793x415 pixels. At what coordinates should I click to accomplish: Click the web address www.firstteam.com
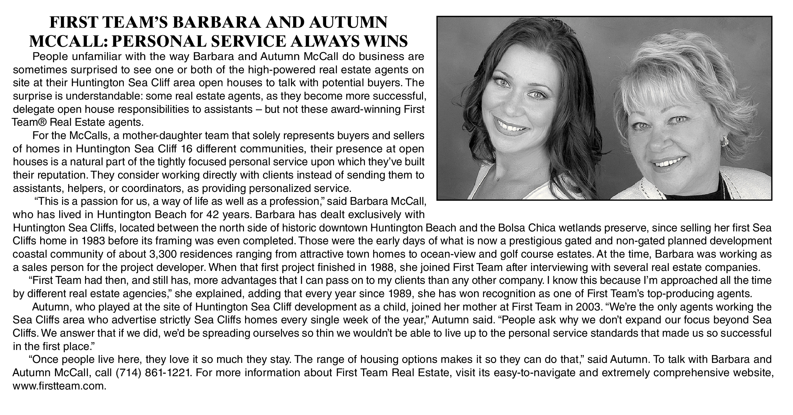[x=60, y=386]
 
